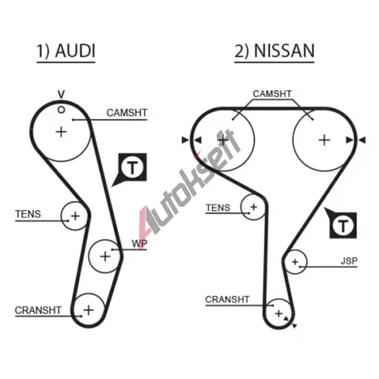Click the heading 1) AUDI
point(66,51)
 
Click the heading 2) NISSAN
point(274,51)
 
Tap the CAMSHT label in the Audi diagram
point(127,113)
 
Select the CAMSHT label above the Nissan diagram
point(272,94)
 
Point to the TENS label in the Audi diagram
point(28,214)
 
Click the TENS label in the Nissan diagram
point(218,208)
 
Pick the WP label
point(139,243)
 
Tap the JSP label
point(349,261)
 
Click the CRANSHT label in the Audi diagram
point(38,310)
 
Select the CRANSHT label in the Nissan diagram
point(227,299)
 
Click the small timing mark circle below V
point(61,110)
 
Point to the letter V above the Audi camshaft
point(61,95)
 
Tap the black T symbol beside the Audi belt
point(130,169)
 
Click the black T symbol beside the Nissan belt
point(342,224)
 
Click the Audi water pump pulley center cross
point(105,256)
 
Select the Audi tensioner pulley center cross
point(75,216)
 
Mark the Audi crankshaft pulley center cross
point(89,310)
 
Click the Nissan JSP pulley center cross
point(295,262)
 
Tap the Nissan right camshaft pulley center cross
point(324,140)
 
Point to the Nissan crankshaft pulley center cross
point(279,314)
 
